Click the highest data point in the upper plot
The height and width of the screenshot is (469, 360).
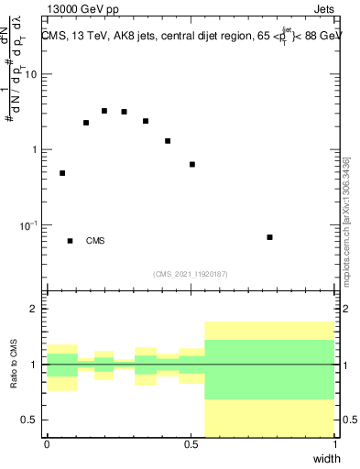(104, 111)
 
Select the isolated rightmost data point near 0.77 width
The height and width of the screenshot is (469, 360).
(269, 237)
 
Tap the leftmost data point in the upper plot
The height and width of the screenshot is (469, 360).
(62, 173)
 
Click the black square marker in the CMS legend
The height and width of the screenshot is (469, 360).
(71, 241)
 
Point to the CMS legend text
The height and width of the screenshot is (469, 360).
(95, 241)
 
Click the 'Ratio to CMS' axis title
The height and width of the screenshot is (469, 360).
(13, 364)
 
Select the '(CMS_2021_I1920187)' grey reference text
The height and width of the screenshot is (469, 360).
(190, 273)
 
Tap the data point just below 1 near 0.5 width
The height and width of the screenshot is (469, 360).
(192, 164)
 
